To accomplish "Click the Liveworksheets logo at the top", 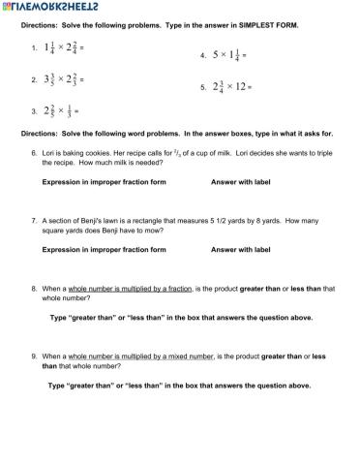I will (x=48, y=7).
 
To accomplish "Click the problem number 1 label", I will (x=34, y=46).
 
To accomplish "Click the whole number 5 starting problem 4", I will (x=216, y=54).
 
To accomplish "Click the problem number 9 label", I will (x=34, y=356).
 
